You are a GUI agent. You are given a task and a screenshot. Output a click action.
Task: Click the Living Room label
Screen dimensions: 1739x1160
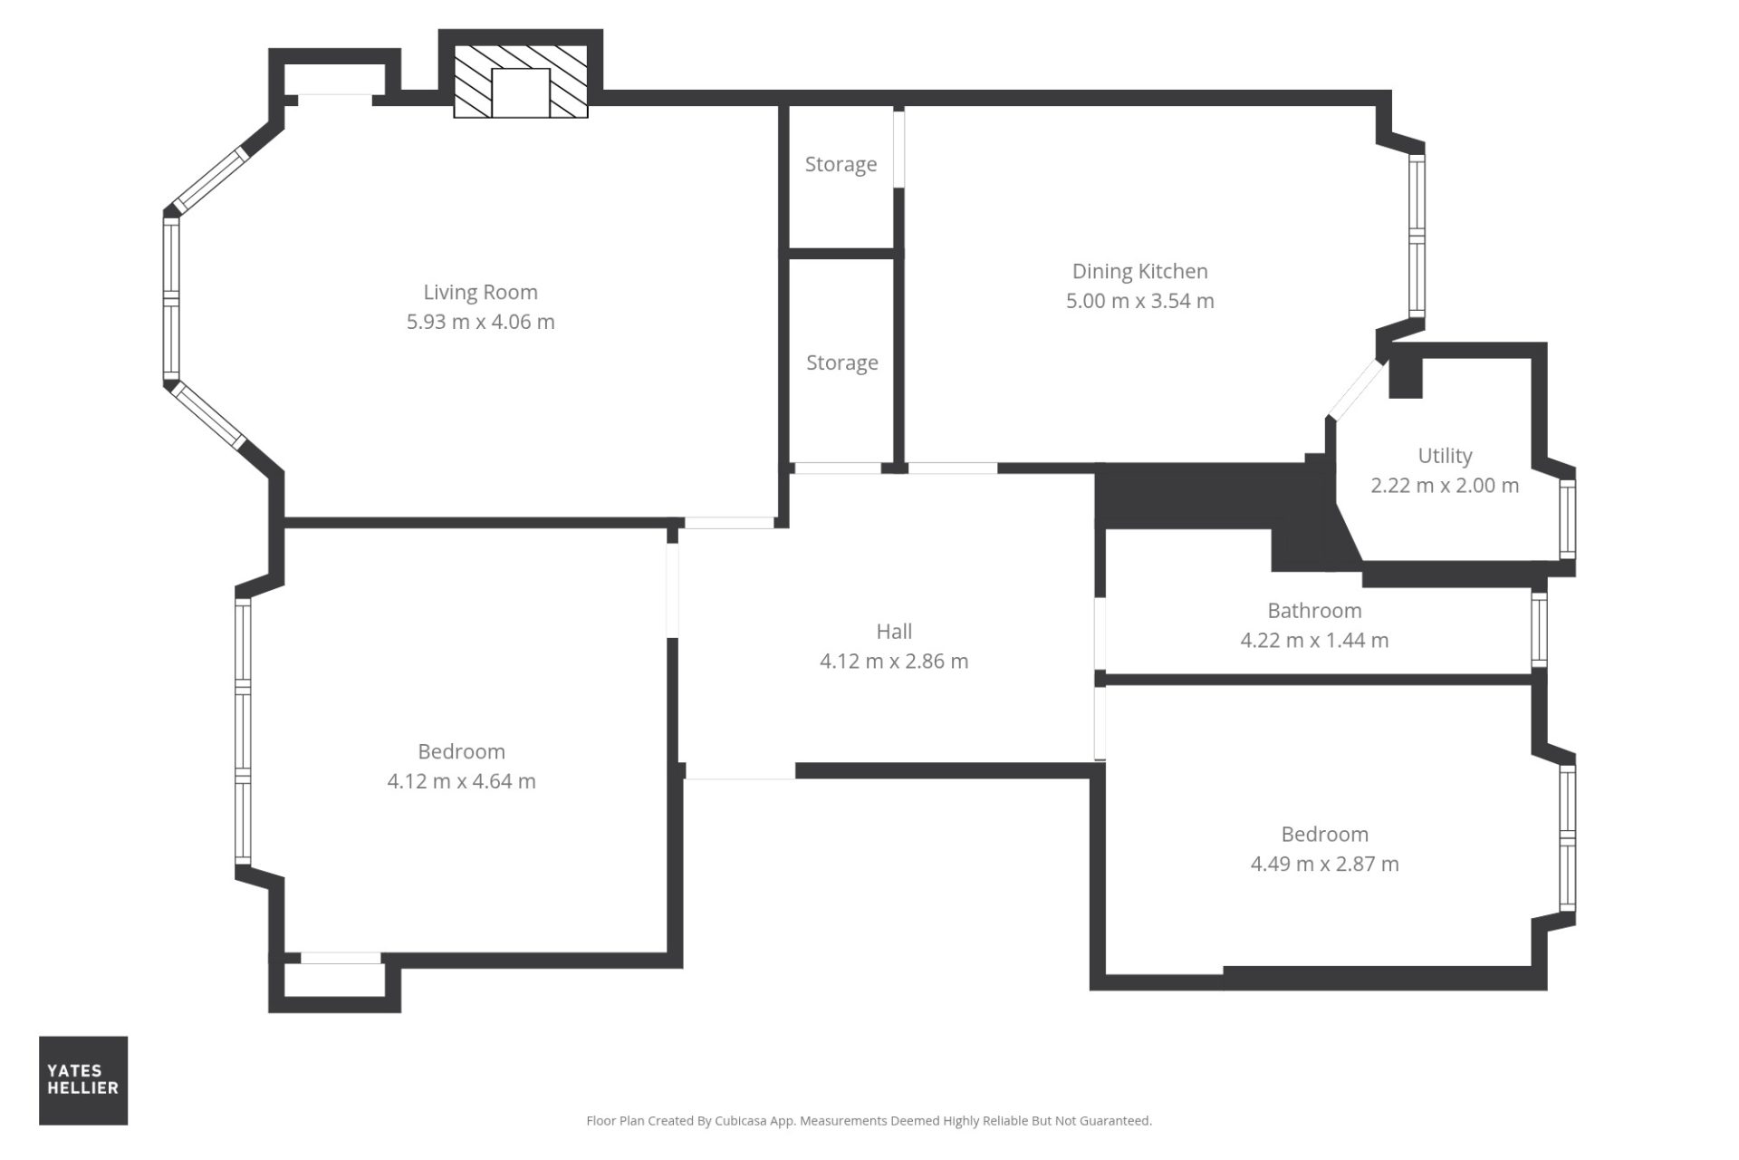pos(480,293)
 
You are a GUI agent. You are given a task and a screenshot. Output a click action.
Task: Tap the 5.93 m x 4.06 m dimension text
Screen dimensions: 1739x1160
pos(480,322)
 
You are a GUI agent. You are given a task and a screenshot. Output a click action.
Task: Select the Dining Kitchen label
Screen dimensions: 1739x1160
pos(1139,272)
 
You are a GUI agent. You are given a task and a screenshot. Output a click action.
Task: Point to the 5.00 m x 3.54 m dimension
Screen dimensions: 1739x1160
pos(1139,301)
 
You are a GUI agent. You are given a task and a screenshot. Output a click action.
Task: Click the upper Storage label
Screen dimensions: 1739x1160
pos(841,165)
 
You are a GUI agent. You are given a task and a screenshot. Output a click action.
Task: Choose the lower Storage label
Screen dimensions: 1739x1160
pos(842,363)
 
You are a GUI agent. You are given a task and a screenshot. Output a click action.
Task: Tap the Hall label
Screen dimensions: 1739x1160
pos(894,632)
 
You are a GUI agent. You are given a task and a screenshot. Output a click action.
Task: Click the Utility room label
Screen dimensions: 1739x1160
pos(1445,456)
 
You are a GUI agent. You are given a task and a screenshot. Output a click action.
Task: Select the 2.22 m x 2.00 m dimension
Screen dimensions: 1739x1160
pos(1445,485)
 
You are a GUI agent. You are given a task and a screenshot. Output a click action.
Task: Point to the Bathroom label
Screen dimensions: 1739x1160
pos(1314,611)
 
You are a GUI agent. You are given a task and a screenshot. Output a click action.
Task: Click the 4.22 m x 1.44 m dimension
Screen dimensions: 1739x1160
pos(1314,640)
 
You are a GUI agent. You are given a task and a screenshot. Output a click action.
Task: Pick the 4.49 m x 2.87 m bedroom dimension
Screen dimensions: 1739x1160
pos(1324,864)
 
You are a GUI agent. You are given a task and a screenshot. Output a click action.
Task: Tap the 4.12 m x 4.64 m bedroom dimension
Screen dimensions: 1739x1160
pos(461,781)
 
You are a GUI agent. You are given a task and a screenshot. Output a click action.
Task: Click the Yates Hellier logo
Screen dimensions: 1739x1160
pos(83,1080)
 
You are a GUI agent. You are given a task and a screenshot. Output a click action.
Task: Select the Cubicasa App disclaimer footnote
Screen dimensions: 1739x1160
pos(869,1121)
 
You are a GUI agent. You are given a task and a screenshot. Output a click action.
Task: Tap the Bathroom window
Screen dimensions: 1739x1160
pos(1539,628)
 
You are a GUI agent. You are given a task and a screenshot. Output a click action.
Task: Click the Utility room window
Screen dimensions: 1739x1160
pos(1567,518)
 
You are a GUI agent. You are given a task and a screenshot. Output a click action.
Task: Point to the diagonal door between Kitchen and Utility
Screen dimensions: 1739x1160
pos(1356,390)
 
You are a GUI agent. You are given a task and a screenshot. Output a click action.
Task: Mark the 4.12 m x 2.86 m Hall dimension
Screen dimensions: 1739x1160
pos(894,662)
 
